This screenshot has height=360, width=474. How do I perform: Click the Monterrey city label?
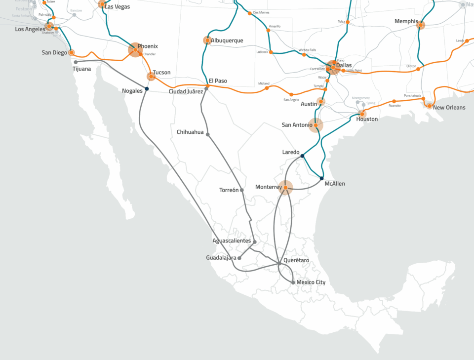(268, 187)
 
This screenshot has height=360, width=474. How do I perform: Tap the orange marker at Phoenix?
(135, 50)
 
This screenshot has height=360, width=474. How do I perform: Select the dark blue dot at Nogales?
(147, 88)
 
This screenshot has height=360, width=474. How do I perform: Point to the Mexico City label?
(311, 282)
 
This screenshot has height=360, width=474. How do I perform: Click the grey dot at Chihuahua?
(208, 134)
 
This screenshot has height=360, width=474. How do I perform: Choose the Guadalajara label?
(221, 258)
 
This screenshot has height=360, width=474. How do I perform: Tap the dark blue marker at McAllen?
(321, 178)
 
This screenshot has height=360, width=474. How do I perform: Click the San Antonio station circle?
(316, 125)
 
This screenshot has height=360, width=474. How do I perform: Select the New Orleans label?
(449, 108)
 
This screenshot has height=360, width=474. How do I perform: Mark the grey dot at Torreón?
(242, 190)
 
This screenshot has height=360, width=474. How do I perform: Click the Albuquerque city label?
(227, 40)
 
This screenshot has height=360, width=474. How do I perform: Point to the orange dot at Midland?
(267, 88)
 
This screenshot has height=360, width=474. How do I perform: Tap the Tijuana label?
(81, 69)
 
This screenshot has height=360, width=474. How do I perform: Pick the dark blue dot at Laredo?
(302, 156)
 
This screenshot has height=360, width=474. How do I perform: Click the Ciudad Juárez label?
(186, 92)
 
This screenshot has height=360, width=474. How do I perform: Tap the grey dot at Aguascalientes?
(255, 242)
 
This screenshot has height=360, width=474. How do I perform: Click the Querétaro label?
(296, 260)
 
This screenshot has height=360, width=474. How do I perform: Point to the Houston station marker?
(362, 114)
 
